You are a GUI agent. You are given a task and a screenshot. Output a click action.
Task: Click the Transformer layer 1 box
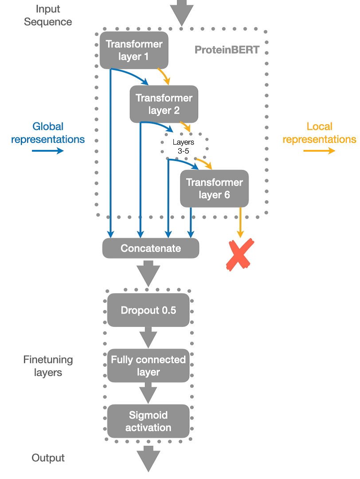[134, 50]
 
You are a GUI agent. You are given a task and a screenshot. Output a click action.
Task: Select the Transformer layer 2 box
[164, 104]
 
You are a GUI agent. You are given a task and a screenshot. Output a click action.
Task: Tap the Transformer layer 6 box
[214, 188]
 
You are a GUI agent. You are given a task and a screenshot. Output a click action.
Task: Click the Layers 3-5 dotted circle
[183, 146]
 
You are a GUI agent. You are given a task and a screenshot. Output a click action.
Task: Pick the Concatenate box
[151, 248]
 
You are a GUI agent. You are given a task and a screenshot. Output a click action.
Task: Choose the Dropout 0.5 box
[148, 310]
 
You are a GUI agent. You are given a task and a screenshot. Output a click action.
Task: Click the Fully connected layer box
[148, 365]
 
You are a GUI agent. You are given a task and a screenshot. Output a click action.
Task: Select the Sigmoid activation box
[148, 421]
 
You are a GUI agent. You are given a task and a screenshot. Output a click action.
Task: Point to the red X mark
[240, 255]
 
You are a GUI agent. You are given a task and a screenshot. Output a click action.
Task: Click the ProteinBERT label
[227, 49]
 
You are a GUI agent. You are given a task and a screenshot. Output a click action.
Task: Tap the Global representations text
[47, 133]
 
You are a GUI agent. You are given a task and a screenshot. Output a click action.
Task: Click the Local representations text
[319, 133]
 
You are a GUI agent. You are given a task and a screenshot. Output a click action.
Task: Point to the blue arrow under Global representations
[47, 151]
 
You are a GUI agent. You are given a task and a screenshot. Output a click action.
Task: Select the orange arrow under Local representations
[319, 151]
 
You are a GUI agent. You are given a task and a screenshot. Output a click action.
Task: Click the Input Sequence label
[47, 15]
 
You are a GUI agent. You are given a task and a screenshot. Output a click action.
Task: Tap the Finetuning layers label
[47, 366]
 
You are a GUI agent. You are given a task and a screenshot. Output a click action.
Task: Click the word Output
[48, 458]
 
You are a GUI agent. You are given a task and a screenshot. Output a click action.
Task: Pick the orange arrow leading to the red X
[240, 222]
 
